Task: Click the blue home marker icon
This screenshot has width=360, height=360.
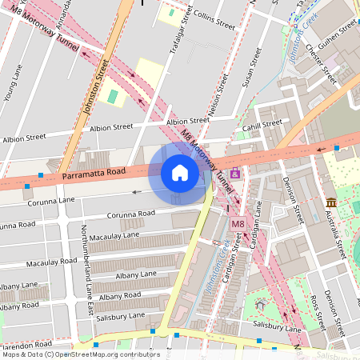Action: (179, 173)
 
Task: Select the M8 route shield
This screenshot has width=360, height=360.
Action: (238, 225)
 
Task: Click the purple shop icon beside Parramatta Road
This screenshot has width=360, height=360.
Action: (234, 174)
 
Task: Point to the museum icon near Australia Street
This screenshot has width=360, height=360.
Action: (331, 202)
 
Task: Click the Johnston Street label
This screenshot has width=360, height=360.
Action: (94, 92)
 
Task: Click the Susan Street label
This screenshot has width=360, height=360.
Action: (251, 68)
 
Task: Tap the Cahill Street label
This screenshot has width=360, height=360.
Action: (262, 125)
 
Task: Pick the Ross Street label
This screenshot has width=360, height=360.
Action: (320, 313)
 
